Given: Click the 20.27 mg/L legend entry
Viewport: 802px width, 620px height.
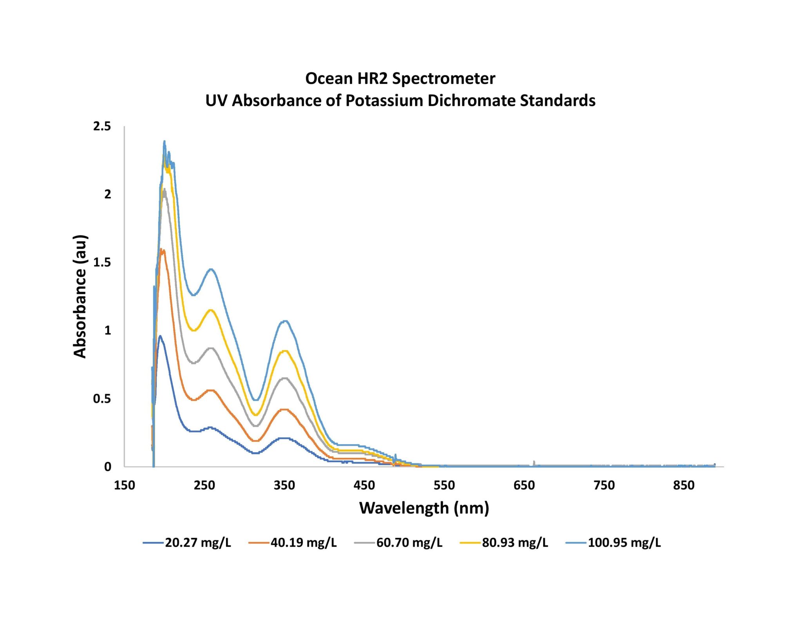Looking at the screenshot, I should click(x=187, y=543).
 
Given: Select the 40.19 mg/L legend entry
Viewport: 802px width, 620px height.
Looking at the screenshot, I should click(x=293, y=543).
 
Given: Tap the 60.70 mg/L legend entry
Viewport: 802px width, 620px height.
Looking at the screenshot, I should click(x=399, y=543).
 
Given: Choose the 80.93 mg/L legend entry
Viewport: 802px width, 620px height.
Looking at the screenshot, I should click(x=504, y=543).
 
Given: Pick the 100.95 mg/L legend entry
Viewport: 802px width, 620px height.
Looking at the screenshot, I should click(x=614, y=543).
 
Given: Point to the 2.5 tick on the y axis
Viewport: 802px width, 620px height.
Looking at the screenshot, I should click(x=102, y=126).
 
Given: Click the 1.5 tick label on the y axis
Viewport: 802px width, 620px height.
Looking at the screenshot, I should click(x=102, y=262).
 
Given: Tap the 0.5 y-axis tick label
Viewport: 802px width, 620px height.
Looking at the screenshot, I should click(x=102, y=399).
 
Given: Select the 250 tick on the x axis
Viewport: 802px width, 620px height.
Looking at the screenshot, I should click(x=204, y=486).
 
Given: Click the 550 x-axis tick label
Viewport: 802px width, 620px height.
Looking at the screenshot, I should click(x=444, y=486).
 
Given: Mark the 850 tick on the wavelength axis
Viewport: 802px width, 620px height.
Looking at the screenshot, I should click(x=684, y=486).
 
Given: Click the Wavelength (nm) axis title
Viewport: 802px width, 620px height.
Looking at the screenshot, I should click(x=424, y=508).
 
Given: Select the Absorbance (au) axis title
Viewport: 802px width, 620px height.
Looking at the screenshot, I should click(x=80, y=296).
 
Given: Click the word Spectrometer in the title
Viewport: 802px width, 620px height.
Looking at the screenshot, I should click(x=444, y=78).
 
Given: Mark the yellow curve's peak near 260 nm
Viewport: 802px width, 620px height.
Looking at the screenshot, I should click(x=211, y=310).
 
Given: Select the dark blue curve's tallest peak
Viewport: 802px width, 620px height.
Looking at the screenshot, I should click(x=160, y=336).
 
